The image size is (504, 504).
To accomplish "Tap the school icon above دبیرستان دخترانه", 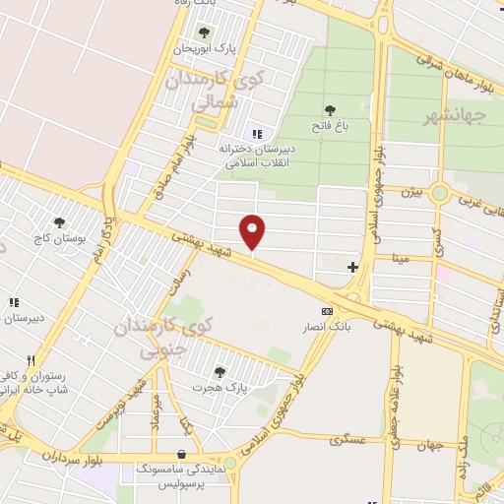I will (257, 134).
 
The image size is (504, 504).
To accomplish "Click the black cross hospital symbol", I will (352, 267).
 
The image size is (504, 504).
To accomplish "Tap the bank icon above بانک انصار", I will (327, 310).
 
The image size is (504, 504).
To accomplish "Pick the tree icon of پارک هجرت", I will (219, 372).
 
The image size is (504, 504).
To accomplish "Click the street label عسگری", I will (349, 439).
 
